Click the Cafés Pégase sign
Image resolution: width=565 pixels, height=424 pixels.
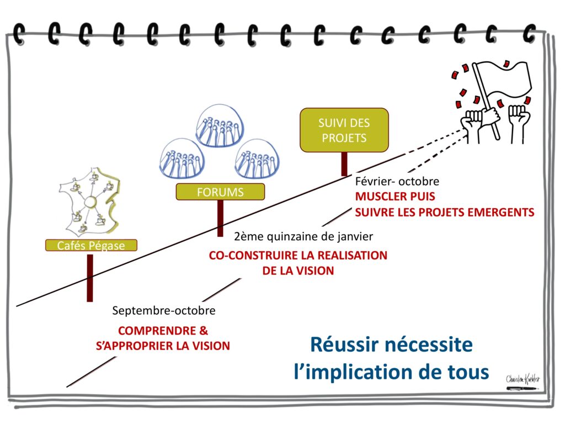point(90,246)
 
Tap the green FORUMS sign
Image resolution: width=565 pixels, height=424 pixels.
point(220,192)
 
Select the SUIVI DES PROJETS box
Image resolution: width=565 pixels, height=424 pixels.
point(344,130)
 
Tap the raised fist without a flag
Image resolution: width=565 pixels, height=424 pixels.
point(519,119)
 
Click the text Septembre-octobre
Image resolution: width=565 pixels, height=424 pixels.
point(164,311)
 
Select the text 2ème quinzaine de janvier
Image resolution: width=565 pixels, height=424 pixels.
point(304,236)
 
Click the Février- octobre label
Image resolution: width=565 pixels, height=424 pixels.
point(397,182)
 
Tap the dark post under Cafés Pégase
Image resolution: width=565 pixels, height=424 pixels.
point(90,278)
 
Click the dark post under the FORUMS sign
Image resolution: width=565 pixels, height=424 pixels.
point(220,218)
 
